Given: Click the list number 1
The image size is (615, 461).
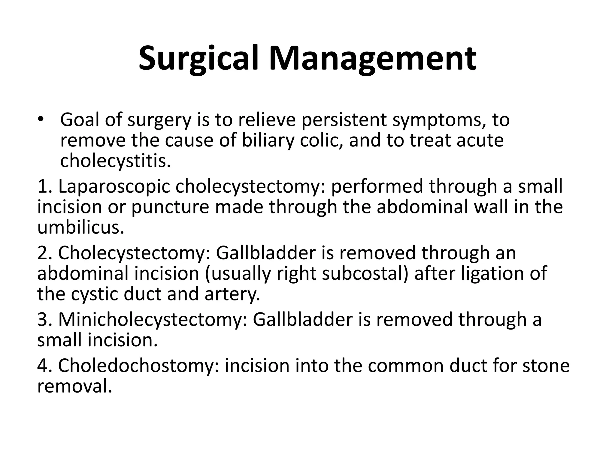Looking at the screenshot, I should coord(44,186).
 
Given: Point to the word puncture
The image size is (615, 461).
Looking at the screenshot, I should coord(170,207).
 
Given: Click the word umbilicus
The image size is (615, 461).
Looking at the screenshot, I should coord(80,227).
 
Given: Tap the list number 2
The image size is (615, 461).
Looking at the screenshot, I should coord(44,253).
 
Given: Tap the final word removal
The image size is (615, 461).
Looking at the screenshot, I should coord(74,386).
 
